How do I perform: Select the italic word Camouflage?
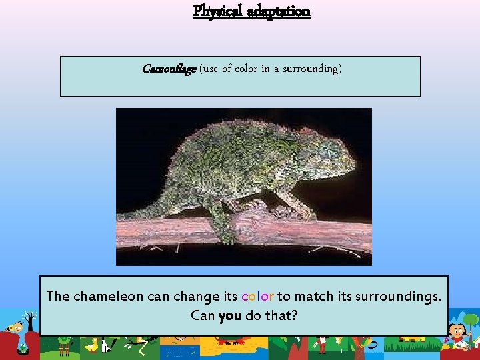pos(169,69)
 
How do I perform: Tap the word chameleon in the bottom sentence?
pos(108,295)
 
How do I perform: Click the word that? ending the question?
pos(280,315)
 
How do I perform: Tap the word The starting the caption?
pos(57,295)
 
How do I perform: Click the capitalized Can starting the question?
pos(202,315)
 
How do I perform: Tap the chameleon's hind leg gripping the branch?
pos(220,220)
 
